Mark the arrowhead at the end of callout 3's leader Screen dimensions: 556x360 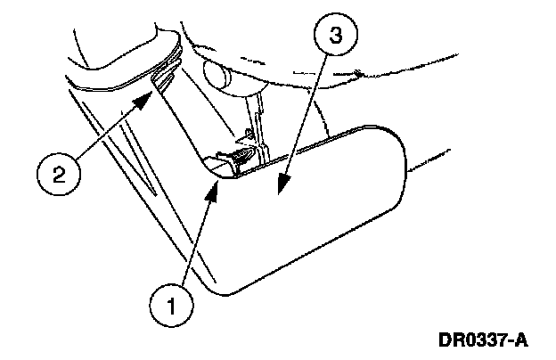[x=284, y=182]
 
